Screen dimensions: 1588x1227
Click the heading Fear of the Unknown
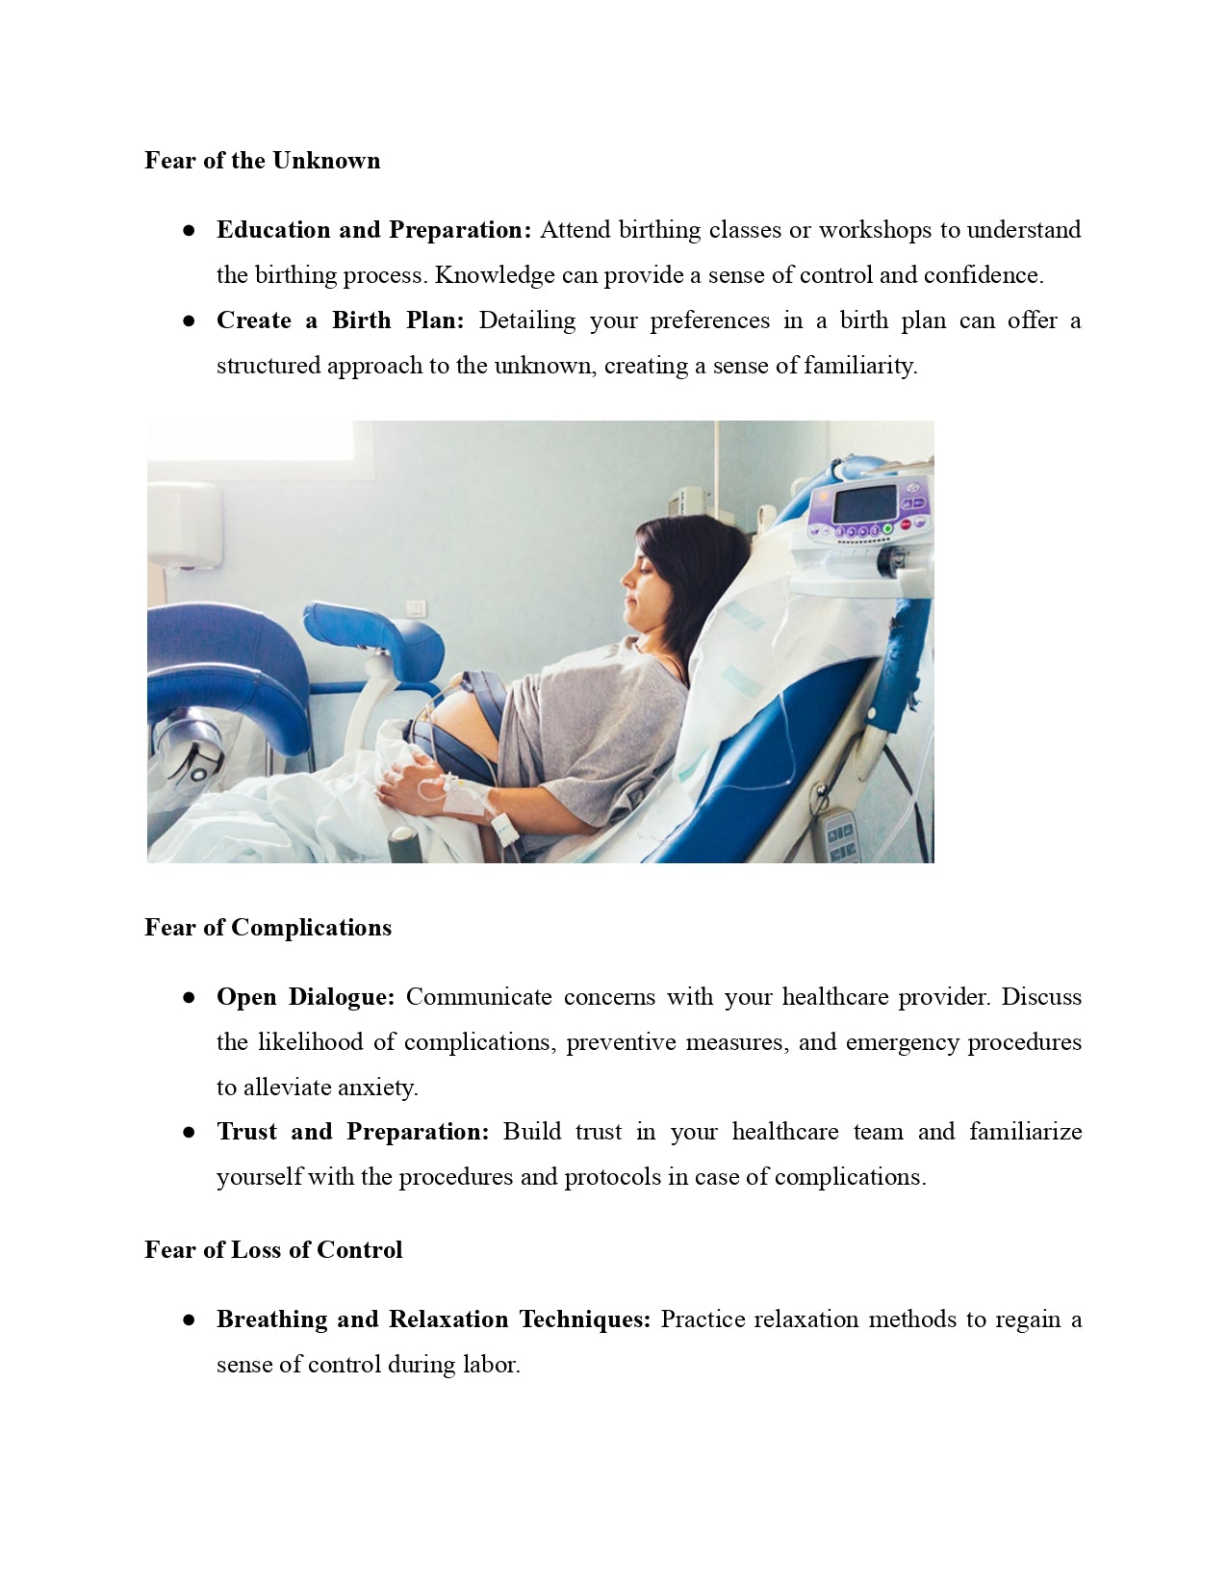click(262, 161)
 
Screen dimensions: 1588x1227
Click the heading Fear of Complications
click(268, 928)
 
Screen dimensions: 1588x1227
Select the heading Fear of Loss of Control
click(273, 1250)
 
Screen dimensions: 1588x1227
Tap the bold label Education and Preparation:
click(373, 230)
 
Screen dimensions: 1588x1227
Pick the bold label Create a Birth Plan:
click(340, 320)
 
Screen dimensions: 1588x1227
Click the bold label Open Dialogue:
click(305, 997)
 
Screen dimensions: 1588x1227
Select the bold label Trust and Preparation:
click(352, 1132)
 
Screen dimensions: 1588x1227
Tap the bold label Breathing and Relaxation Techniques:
click(433, 1319)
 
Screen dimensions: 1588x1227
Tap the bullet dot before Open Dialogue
click(189, 998)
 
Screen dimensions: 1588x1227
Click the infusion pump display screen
click(863, 503)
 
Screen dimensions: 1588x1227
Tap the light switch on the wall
click(415, 607)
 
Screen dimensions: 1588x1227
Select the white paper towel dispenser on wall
click(184, 525)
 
